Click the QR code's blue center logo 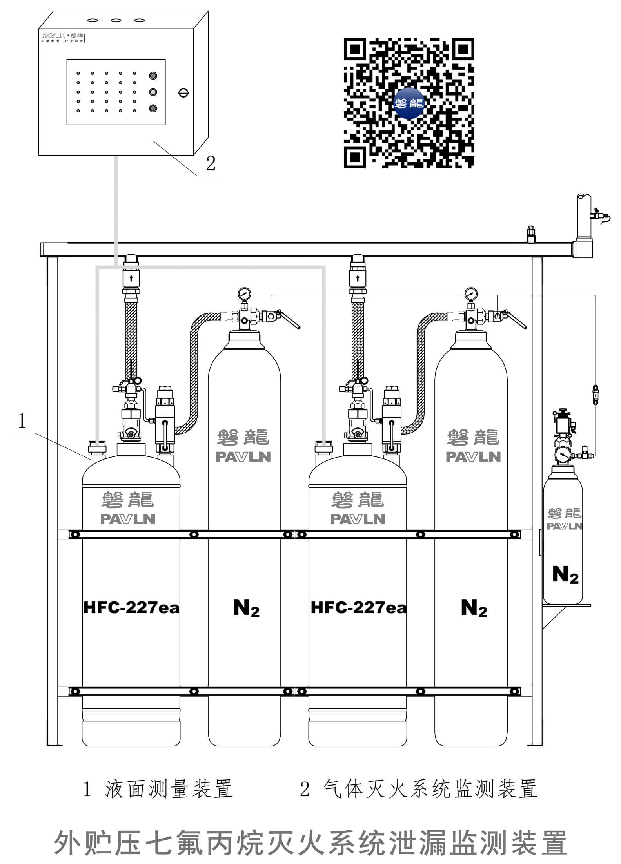[x=409, y=103]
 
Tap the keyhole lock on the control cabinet [x=183, y=92]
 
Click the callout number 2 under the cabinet [x=211, y=163]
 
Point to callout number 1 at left [x=22, y=421]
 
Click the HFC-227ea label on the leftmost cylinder [x=131, y=608]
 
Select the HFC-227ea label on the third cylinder [x=358, y=608]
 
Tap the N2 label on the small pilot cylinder [x=565, y=575]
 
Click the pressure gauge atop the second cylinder [x=244, y=293]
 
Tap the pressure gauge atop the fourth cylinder [x=470, y=293]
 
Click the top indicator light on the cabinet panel [x=153, y=76]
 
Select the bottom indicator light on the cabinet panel [x=153, y=108]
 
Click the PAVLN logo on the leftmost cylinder [x=128, y=519]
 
